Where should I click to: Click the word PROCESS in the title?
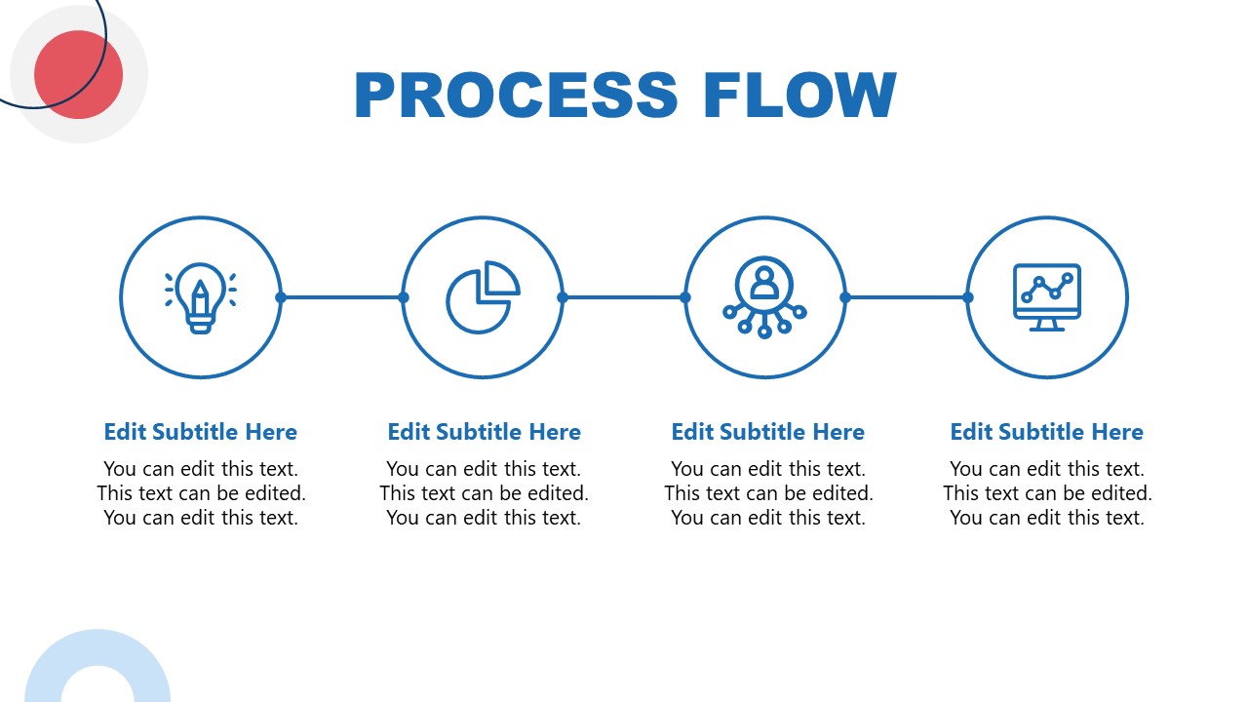click(x=516, y=95)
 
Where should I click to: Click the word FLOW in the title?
click(x=800, y=95)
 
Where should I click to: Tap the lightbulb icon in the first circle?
click(x=201, y=297)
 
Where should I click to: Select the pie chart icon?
click(x=483, y=297)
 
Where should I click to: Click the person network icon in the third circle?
click(x=764, y=297)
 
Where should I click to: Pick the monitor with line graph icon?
click(x=1046, y=297)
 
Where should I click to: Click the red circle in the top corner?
click(x=79, y=75)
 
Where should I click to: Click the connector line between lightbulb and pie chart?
click(x=342, y=297)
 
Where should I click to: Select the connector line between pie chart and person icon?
click(x=624, y=297)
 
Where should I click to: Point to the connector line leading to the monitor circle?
click(x=907, y=297)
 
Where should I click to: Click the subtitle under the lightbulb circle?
click(x=201, y=432)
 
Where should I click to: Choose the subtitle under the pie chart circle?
click(x=485, y=432)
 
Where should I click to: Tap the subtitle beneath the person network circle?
click(x=767, y=432)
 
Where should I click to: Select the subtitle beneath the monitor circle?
click(x=1046, y=432)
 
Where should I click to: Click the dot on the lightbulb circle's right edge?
click(x=281, y=297)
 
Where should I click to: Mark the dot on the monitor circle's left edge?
click(x=968, y=297)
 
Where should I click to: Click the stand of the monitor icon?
click(x=1047, y=325)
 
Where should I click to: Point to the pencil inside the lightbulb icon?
click(x=201, y=298)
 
